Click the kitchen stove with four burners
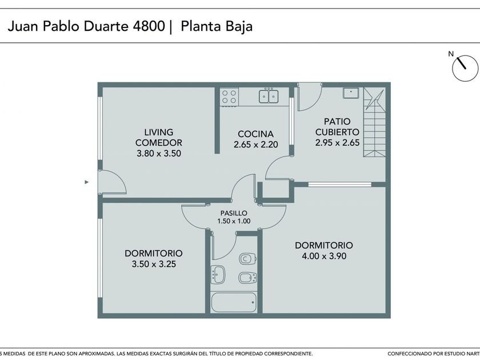click(x=229, y=97)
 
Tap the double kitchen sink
click(x=269, y=95)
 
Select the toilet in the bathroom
click(x=247, y=259)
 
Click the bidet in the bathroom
click(x=247, y=278)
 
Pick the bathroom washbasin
click(x=218, y=274)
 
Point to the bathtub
click(x=234, y=302)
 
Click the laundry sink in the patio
click(x=351, y=93)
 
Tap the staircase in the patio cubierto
click(x=374, y=122)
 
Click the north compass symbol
click(x=465, y=67)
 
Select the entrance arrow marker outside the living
click(x=87, y=182)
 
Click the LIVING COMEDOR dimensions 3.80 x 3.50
click(x=159, y=153)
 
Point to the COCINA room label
click(x=255, y=134)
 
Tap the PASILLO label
click(x=234, y=213)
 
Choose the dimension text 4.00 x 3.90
click(x=324, y=256)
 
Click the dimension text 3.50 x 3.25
click(x=154, y=264)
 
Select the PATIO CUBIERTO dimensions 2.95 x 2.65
click(x=337, y=143)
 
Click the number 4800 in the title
click(x=149, y=26)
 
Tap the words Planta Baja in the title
click(x=217, y=26)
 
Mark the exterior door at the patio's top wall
click(x=310, y=97)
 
